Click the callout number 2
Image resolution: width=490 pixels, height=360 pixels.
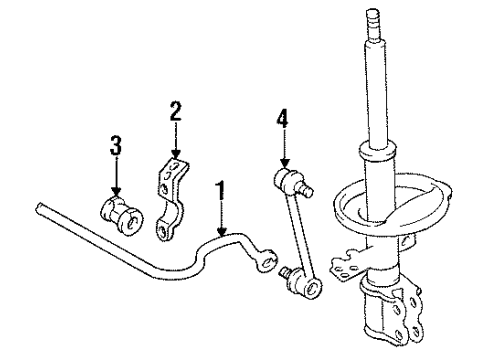click(175, 111)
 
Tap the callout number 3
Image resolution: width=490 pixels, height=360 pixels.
click(115, 146)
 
